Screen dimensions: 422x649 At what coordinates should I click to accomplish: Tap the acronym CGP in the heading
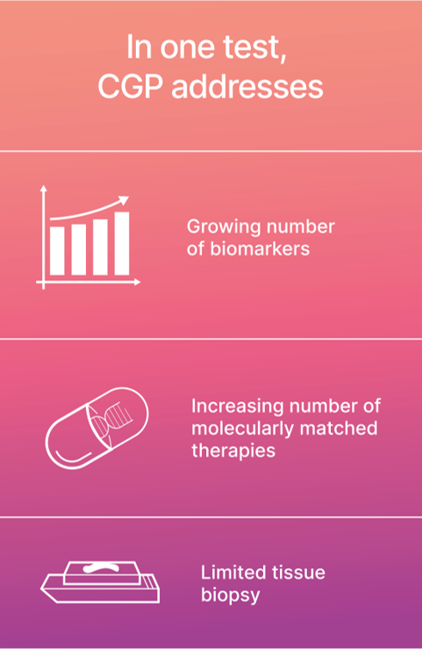[131, 87]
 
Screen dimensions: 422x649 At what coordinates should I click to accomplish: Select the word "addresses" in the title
[247, 87]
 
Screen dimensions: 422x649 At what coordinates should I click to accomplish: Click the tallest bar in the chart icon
[122, 243]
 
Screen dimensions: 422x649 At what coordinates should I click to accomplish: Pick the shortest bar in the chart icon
[57, 251]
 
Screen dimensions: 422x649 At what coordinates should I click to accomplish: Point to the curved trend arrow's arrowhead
[123, 201]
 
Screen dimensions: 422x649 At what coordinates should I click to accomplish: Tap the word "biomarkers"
[260, 249]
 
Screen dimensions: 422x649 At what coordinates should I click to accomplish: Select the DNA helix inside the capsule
[111, 420]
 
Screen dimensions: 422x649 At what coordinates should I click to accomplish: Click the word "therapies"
[233, 451]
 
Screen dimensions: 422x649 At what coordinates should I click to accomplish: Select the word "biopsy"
[230, 596]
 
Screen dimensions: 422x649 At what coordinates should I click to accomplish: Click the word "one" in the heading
[188, 48]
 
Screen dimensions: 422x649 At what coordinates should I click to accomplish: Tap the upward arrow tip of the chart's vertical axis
[43, 187]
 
